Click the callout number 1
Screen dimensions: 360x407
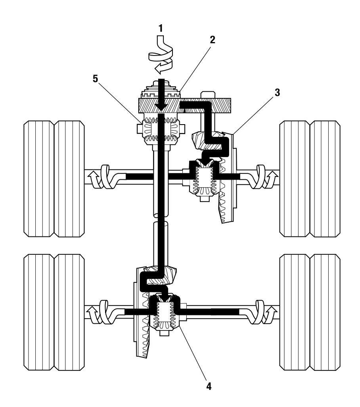pos(161,28)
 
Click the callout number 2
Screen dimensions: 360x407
pos(213,40)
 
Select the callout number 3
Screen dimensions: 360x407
pos(277,92)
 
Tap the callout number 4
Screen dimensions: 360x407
pos(209,386)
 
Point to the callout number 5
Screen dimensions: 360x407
pos(96,79)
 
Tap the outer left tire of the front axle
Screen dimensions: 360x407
pos(39,179)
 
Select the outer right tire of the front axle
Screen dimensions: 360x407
pos(325,179)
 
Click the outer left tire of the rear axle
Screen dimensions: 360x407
pos(39,312)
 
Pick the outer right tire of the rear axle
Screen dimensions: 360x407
pos(325,312)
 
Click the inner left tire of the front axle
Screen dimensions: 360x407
pos(69,179)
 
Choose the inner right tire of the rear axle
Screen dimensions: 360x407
pos(295,312)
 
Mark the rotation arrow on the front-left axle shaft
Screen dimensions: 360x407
pos(101,177)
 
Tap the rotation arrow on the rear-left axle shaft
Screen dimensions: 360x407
pos(101,312)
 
